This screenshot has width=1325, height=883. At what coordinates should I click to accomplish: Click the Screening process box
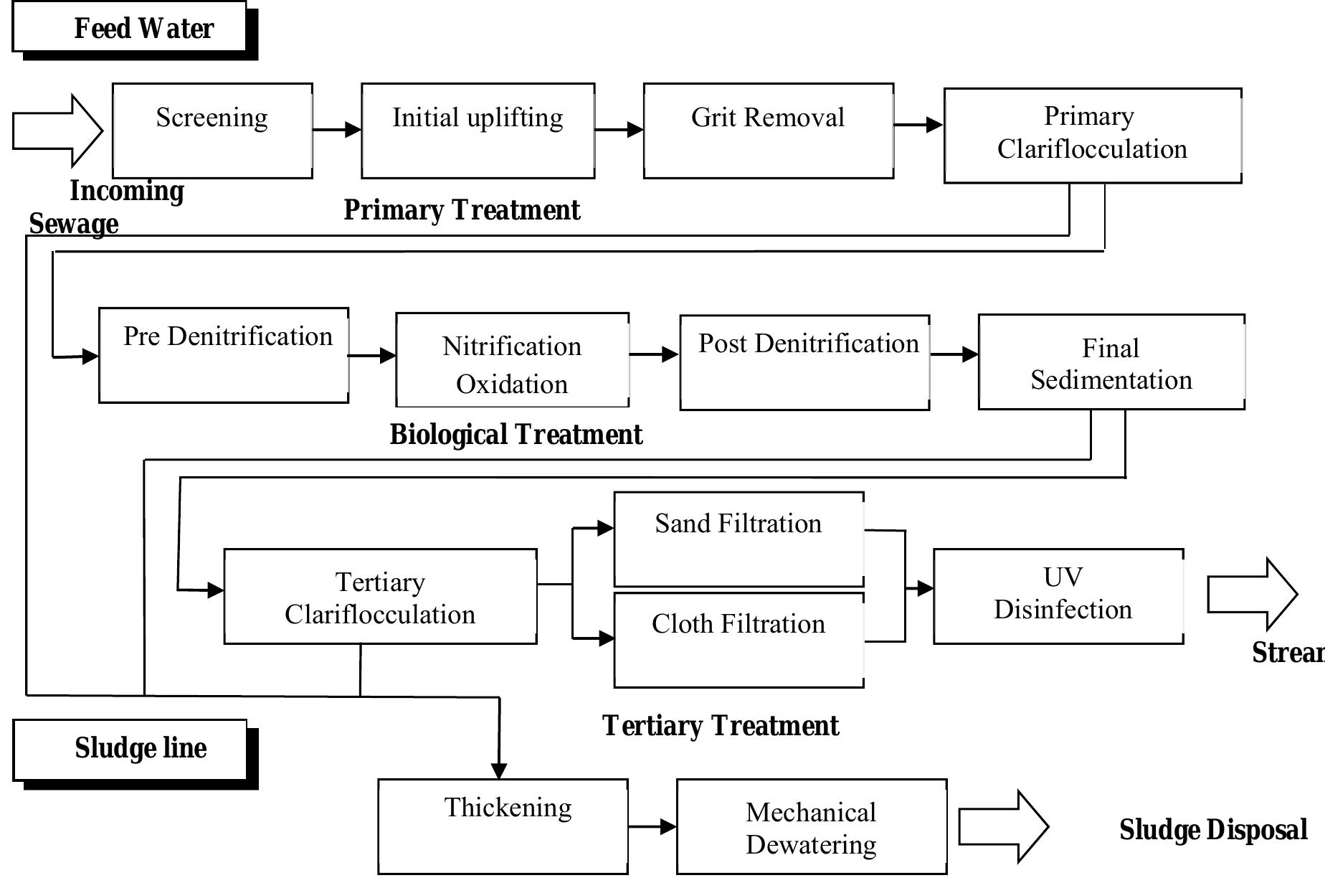click(x=212, y=131)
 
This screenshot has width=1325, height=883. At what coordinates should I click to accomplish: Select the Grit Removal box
click(x=768, y=131)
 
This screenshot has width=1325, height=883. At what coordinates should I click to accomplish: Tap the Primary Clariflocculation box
click(x=1092, y=135)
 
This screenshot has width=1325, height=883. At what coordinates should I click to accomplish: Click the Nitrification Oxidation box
click(x=512, y=360)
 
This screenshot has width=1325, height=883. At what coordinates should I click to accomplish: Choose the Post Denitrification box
click(x=804, y=362)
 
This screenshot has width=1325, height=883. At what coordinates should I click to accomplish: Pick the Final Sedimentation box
click(x=1111, y=362)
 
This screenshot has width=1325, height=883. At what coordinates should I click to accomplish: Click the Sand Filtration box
click(x=739, y=539)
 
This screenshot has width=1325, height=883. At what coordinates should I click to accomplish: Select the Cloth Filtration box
click(x=739, y=639)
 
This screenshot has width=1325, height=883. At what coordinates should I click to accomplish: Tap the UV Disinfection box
click(x=1058, y=596)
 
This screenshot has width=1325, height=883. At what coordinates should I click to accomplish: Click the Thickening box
click(x=503, y=826)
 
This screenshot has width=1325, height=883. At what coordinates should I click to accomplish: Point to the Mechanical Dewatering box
click(x=811, y=826)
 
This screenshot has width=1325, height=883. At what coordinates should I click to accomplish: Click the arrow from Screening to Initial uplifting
click(x=337, y=130)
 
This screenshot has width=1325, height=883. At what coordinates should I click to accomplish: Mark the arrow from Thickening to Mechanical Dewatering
click(x=652, y=826)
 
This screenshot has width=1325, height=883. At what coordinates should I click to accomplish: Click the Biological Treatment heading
click(x=516, y=435)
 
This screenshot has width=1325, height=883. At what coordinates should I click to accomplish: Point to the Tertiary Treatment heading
click(x=720, y=726)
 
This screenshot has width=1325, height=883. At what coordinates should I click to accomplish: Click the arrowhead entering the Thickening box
click(x=499, y=771)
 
